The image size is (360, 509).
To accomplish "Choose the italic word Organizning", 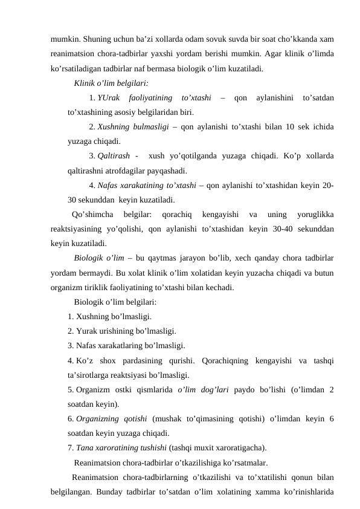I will click(102, 420).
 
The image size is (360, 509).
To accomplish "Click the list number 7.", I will click(71, 449).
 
